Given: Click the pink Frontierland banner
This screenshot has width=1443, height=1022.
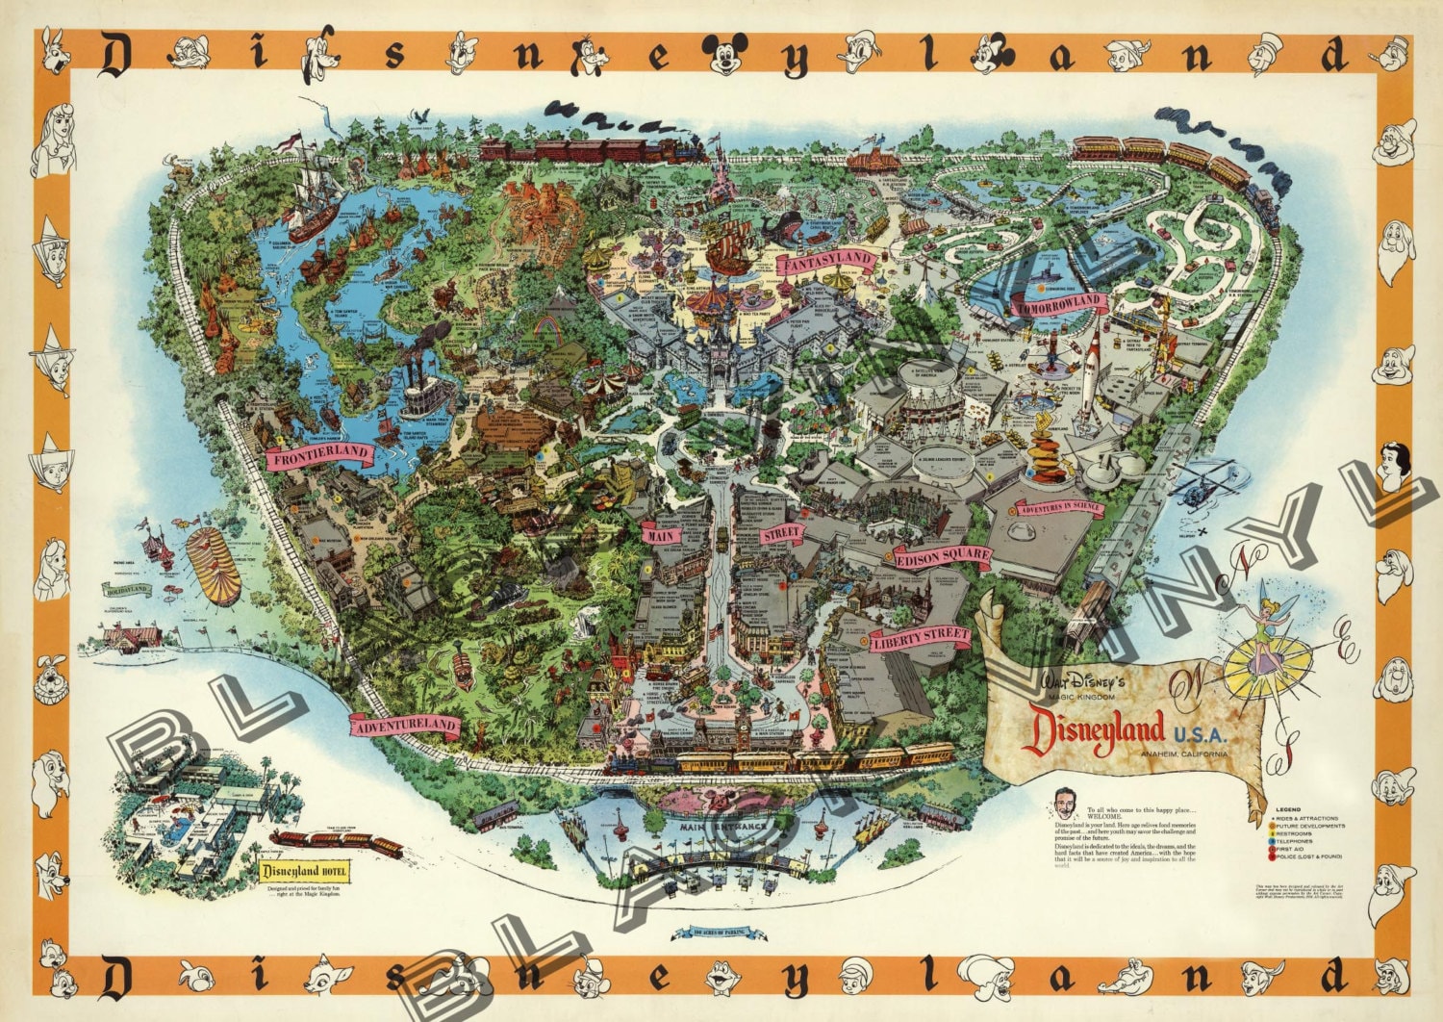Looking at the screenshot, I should point(320,456).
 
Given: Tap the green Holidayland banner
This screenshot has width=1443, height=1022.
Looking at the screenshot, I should point(126,589).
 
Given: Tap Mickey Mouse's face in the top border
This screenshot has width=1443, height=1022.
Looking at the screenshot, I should point(726,57).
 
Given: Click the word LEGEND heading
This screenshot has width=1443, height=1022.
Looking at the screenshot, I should point(1288,810).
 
